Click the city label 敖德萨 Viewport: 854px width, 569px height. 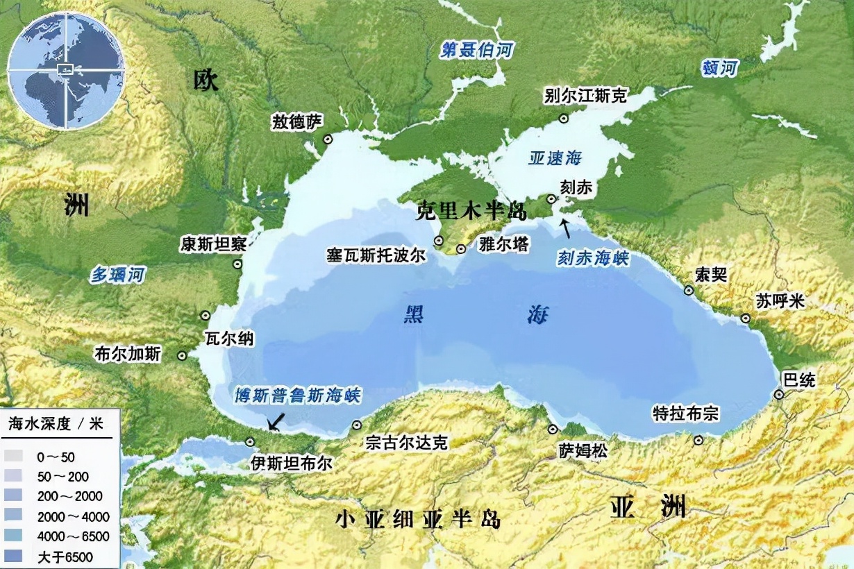[297, 123]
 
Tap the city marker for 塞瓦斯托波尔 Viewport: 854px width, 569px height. [439, 241]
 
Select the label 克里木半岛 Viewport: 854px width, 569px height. [470, 211]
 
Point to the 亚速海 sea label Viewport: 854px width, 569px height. [555, 158]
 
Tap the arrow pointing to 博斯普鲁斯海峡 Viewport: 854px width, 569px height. [277, 420]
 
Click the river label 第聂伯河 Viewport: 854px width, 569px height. [470, 51]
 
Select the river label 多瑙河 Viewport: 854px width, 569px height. [119, 275]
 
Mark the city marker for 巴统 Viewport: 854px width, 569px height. [780, 395]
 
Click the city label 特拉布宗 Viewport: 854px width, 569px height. [685, 414]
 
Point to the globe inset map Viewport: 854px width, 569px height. [66, 70]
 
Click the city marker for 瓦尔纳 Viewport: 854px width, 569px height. [206, 316]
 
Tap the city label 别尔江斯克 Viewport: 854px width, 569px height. [586, 96]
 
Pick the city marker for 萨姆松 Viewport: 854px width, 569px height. [553, 429]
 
